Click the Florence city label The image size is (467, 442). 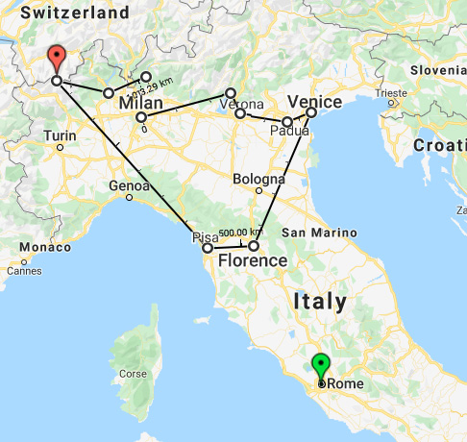tap(253, 260)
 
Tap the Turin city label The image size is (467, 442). tap(60, 135)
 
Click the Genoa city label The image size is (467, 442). tap(130, 184)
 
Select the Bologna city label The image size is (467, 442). tap(258, 179)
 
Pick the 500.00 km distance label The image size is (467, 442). tap(239, 233)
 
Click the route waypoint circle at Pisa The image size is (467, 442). tap(208, 248)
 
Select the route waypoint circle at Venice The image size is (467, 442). tap(311, 112)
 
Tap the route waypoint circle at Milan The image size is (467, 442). tap(141, 117)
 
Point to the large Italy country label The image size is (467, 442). tap(320, 301)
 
